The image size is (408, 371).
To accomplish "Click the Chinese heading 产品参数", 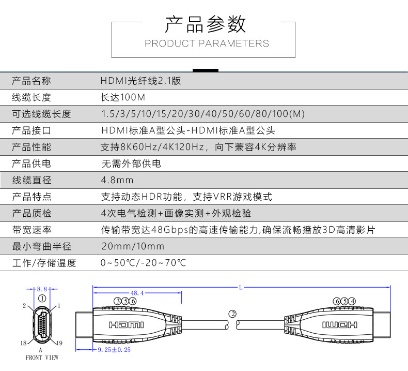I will (205, 24).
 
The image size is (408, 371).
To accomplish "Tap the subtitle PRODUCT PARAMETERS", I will (207, 43).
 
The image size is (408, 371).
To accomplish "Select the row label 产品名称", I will (32, 81).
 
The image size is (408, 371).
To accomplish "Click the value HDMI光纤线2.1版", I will (140, 81).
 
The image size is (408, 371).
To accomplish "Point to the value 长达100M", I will (123, 97).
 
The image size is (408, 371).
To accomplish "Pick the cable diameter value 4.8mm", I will (117, 180).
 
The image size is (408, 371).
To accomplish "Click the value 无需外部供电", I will (131, 164).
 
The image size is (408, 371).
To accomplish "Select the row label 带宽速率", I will (32, 230).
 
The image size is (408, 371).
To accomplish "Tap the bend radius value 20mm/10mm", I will (133, 246).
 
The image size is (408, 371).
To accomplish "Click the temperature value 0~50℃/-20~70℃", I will (143, 263).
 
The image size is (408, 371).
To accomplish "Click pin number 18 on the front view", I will (24, 343).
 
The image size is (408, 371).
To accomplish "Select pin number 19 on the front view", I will (59, 343).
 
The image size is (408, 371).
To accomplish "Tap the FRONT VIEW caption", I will (42, 358).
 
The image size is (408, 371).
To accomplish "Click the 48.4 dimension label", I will (137, 292).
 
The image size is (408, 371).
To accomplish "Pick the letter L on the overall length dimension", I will (241, 288).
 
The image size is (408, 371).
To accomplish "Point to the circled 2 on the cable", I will (232, 314).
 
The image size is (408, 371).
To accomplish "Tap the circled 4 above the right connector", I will (352, 301).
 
